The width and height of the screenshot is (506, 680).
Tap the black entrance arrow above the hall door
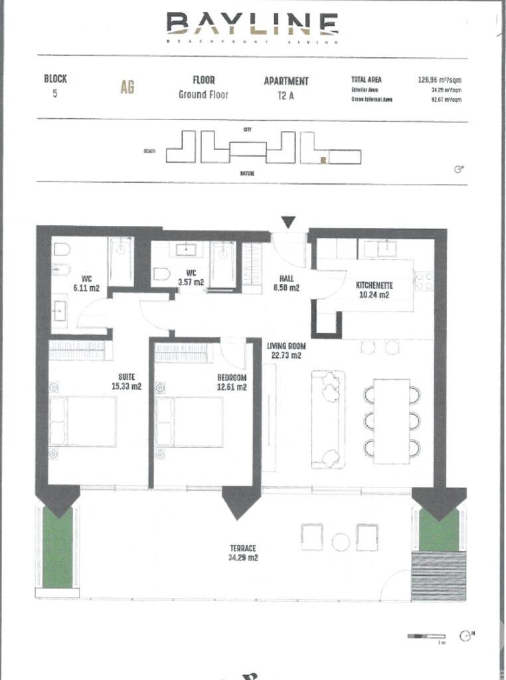[x=289, y=222]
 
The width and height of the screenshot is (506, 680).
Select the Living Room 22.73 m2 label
[x=286, y=350]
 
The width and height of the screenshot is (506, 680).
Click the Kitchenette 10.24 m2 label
[x=374, y=290]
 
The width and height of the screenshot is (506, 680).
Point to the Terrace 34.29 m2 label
[x=243, y=553]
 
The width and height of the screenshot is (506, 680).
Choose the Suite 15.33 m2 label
[x=126, y=382]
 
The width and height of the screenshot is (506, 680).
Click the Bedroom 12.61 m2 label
[x=232, y=382]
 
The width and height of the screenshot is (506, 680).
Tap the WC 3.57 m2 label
[x=191, y=277]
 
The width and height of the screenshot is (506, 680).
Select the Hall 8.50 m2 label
[x=286, y=283]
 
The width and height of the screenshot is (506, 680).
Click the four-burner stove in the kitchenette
[x=424, y=281]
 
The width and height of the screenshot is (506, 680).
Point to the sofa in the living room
[x=328, y=419]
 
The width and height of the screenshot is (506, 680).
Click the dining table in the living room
[x=391, y=421]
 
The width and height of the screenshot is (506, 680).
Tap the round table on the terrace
[x=340, y=542]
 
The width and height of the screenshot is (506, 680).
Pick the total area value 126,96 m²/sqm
[x=440, y=80]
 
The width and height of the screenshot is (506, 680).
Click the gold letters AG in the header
[x=127, y=87]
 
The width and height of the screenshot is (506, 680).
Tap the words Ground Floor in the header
[x=203, y=95]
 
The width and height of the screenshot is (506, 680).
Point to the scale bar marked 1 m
[x=426, y=637]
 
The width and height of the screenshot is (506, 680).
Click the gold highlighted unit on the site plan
[x=323, y=160]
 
